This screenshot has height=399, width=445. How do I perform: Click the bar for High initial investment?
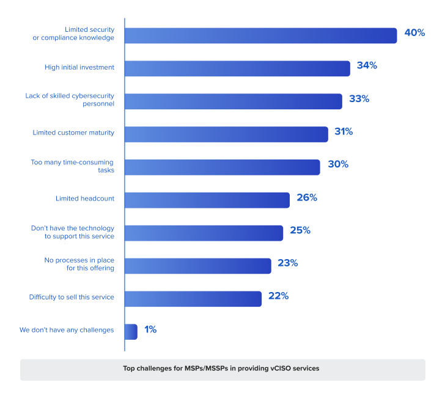pos(237,68)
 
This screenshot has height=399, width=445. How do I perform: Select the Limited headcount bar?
pos(207,200)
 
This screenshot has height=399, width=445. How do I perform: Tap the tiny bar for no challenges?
pos(131,331)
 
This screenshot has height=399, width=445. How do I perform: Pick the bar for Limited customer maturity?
pos(226,134)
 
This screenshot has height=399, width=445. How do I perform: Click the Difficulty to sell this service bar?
pos(193,299)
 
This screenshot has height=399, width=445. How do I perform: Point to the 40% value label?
pos(414,33)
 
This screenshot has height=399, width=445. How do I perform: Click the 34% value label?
pos(367,65)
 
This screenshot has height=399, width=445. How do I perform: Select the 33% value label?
pos(359,98)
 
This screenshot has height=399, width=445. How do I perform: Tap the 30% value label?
pos(337,164)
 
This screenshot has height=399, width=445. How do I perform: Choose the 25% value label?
pos(300,230)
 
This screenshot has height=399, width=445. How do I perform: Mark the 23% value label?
pos(287,263)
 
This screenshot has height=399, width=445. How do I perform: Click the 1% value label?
pos(150,329)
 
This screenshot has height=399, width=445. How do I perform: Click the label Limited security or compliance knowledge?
pos(73,34)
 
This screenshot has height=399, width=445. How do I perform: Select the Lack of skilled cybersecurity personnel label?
pos(70,100)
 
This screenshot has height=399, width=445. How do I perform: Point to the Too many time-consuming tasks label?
pos(73,166)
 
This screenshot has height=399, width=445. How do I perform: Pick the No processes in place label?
pos(79,264)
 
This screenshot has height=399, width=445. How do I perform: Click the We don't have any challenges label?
pos(67,330)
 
